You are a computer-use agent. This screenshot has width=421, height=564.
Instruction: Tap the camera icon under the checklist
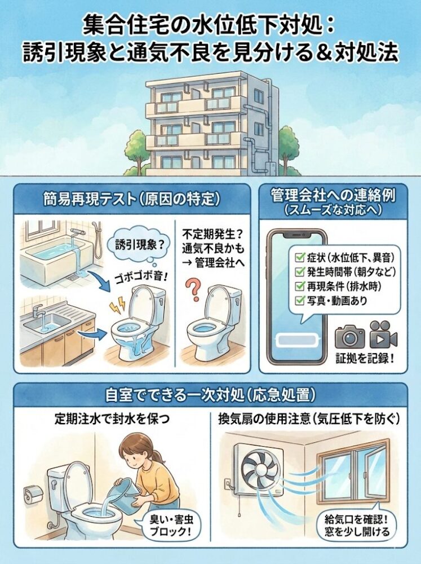[x=350, y=336]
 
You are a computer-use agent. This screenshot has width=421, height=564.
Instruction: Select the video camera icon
[x=384, y=336]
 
